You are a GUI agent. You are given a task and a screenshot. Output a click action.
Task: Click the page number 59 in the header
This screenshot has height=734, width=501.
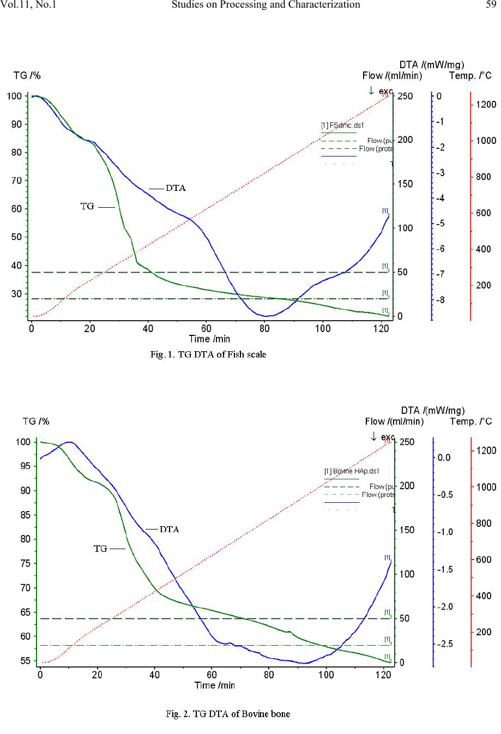tap(490, 5)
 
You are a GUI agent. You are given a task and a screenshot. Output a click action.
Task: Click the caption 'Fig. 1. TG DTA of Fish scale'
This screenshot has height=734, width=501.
tap(208, 354)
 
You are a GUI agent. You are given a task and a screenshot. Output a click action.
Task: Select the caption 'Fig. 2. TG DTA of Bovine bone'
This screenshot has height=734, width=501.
tap(227, 713)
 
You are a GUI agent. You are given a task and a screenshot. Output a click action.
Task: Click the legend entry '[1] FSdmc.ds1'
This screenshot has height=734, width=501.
tap(342, 125)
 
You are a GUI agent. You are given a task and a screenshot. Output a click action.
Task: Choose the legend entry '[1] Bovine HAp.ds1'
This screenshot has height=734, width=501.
tap(351, 471)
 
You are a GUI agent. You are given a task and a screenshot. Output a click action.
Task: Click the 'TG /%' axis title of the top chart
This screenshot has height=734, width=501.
tap(27, 76)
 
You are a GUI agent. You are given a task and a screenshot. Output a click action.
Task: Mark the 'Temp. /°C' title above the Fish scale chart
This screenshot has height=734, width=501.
tap(470, 76)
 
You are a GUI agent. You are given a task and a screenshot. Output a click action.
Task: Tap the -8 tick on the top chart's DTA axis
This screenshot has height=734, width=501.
tap(442, 300)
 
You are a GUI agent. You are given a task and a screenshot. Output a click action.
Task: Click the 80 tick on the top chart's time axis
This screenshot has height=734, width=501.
tap(264, 328)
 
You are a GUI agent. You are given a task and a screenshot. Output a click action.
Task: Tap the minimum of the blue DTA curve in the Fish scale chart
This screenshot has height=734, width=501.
tap(265, 316)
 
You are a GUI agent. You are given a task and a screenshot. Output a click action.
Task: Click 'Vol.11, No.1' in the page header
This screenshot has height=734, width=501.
tap(29, 5)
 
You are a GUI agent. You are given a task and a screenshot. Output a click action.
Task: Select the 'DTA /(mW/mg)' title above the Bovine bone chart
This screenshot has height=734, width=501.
tap(432, 410)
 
